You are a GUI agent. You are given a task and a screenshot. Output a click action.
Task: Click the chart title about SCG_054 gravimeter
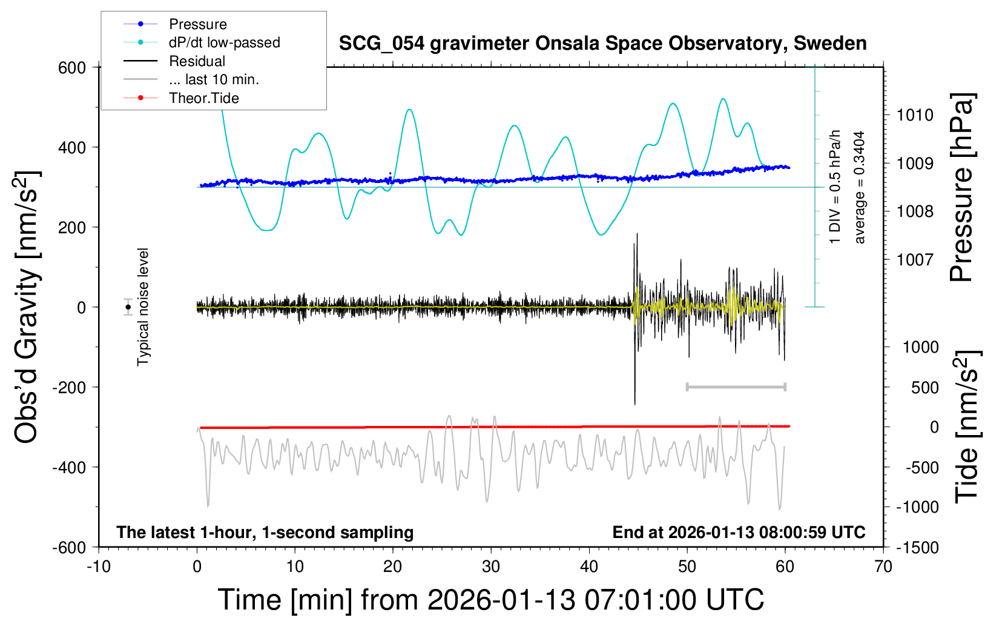coord(602,44)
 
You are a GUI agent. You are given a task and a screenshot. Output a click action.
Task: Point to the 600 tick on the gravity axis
coord(72,68)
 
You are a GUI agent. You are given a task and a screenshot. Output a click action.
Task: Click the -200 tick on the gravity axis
coord(69,387)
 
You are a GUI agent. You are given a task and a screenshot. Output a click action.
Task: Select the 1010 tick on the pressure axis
coord(915,115)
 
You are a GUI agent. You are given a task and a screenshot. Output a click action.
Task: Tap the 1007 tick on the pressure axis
coord(915,260)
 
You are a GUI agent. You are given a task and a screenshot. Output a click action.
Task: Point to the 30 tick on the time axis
coord(491,567)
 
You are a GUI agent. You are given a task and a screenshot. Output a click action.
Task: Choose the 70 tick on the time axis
coord(883,567)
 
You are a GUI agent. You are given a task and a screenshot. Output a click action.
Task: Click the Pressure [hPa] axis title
coord(962,187)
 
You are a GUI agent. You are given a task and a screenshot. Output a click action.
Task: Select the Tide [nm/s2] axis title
coord(967,427)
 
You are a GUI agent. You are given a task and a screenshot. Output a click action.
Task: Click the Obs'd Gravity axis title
coord(27,307)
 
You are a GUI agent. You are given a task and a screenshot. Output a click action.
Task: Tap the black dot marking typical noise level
coord(128,307)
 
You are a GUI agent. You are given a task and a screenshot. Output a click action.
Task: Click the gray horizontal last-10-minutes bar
coord(736,387)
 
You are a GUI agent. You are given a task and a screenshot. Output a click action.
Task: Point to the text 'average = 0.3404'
coord(860,187)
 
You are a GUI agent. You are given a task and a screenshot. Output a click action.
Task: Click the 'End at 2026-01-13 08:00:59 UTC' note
coord(739,532)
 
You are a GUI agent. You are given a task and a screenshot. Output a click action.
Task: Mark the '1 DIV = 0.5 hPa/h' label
coord(835,187)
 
